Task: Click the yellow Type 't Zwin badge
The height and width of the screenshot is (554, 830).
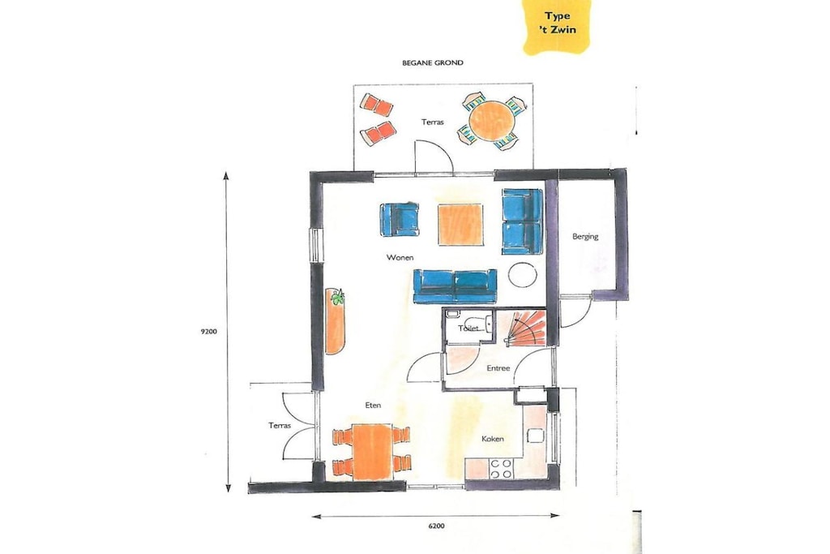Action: pos(557,26)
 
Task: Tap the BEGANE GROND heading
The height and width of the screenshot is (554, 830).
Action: pos(433,62)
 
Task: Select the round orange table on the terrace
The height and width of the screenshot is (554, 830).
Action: pos(492,122)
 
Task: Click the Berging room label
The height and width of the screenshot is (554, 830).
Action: pos(585,236)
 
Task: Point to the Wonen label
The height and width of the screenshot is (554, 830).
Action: pos(400,257)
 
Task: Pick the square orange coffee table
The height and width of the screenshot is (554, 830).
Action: pos(460,225)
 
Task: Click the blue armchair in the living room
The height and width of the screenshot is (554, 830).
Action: pos(399,220)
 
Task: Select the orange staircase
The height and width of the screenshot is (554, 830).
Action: pos(525,328)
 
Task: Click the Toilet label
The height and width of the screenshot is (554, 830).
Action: pos(468,328)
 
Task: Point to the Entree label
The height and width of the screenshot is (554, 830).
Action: pos(498,368)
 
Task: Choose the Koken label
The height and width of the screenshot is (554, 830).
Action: pos(492,439)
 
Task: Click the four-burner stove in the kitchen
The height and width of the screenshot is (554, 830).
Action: pos(501,468)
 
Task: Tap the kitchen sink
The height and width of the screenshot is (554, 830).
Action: pos(535,436)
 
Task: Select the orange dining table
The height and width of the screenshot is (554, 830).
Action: pos(372,451)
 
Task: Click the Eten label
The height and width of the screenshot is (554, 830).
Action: pos(373,406)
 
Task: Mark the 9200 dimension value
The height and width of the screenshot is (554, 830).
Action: pos(208,332)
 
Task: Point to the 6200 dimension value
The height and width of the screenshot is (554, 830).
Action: pos(436,526)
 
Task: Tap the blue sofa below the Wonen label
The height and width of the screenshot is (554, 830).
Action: pos(455,286)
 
